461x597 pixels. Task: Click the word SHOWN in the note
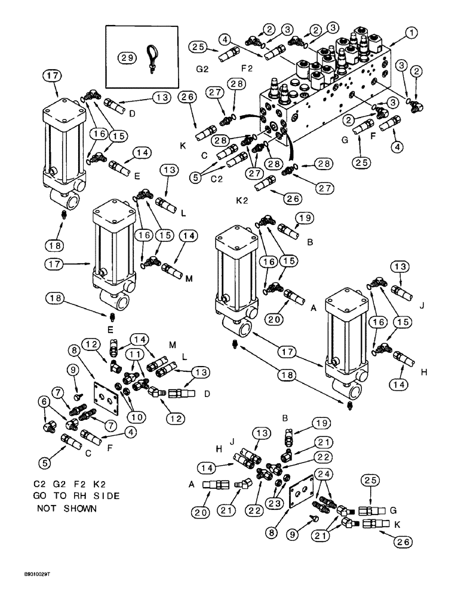80,509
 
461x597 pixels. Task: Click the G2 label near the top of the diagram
201,69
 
